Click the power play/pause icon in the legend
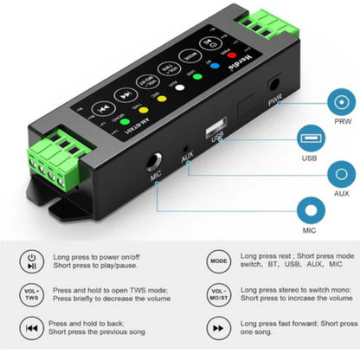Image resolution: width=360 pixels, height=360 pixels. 30,260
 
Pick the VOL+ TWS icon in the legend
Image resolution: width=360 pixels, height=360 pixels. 30,294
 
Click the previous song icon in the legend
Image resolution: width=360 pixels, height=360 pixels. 30,328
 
